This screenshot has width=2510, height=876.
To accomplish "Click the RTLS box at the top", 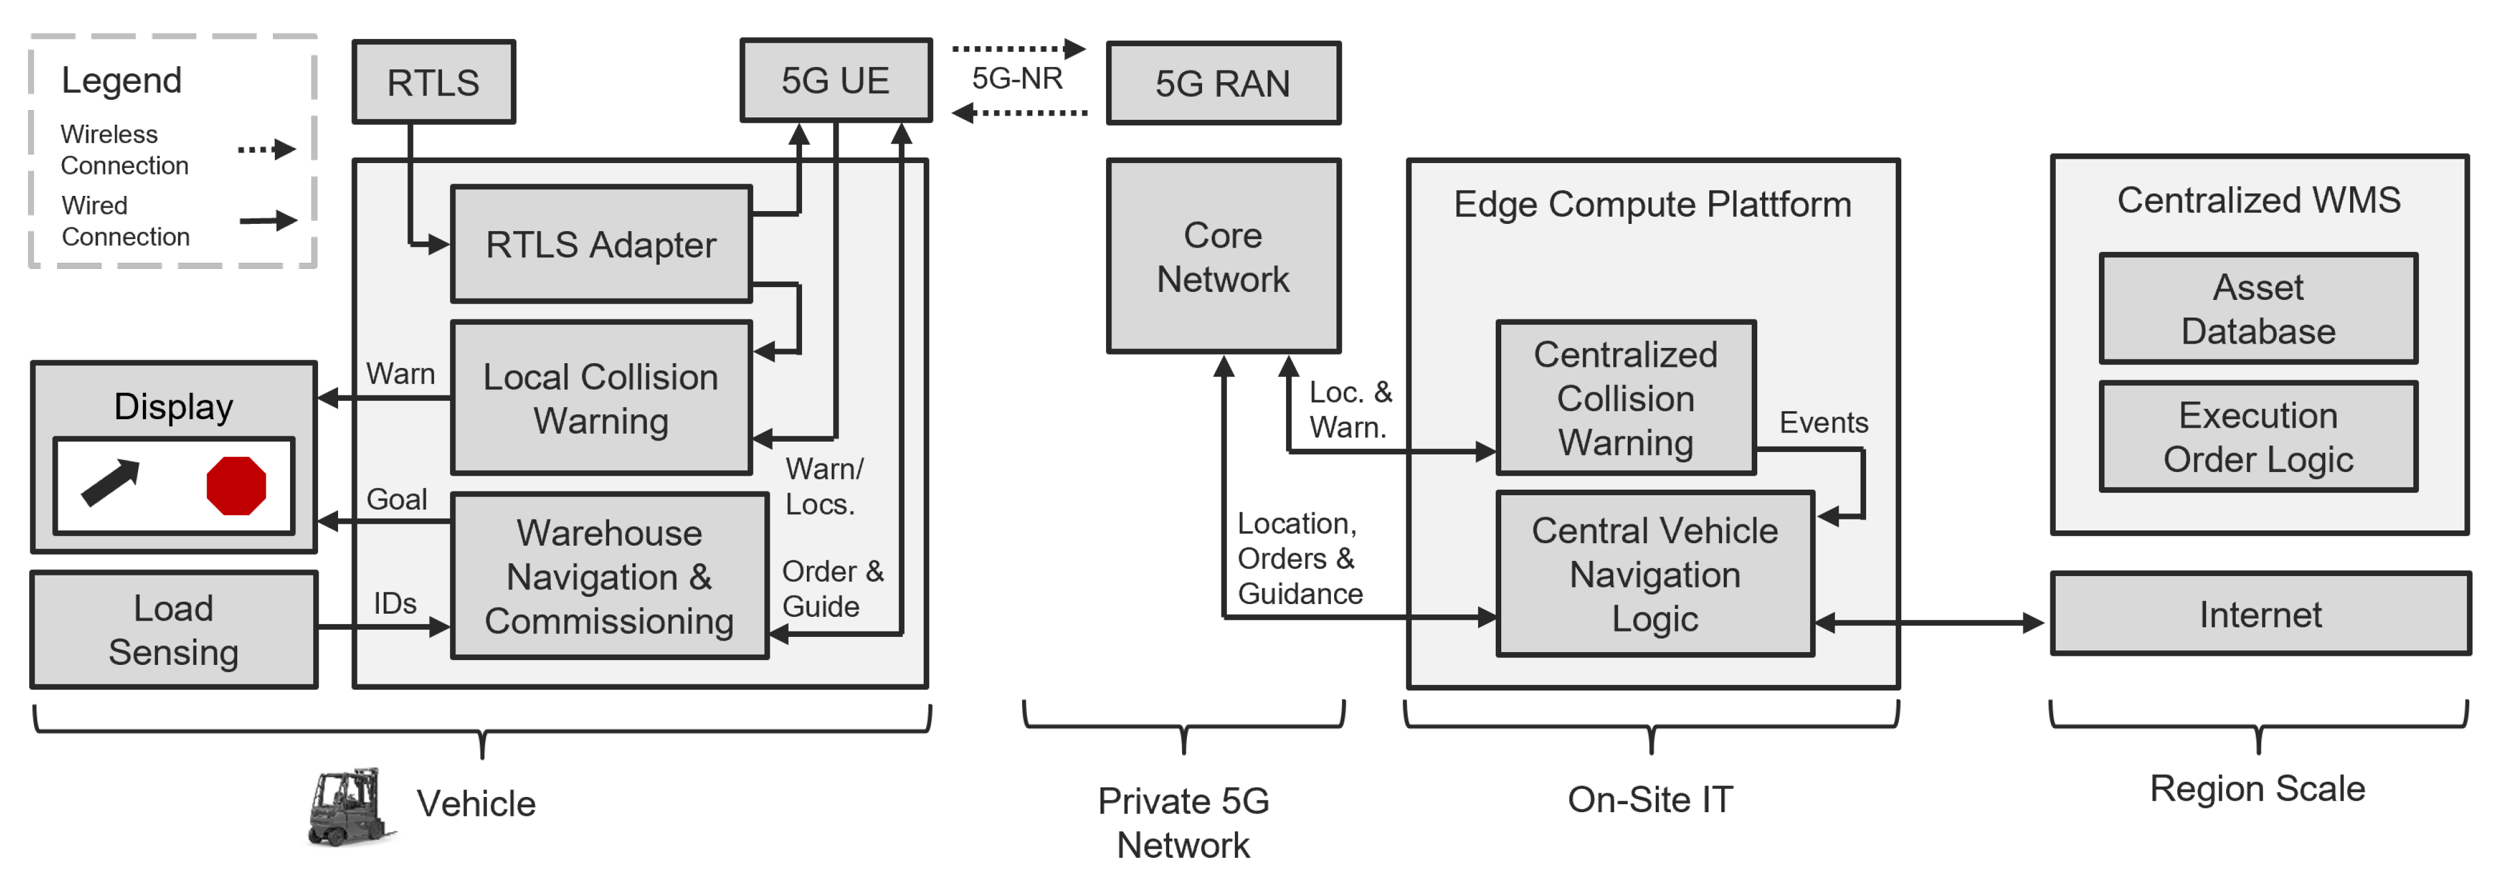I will pyautogui.click(x=434, y=83).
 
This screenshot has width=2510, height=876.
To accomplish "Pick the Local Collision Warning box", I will pyautogui.click(x=600, y=398).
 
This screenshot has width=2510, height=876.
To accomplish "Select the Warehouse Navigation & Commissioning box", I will pyautogui.click(x=609, y=577).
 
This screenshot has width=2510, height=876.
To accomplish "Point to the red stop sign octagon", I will pyautogui.click(x=236, y=485).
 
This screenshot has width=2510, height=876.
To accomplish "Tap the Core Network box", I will pyautogui.click(x=1223, y=256).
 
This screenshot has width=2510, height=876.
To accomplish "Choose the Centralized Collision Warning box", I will pyautogui.click(x=1625, y=398).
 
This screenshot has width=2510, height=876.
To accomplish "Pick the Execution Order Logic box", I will pyautogui.click(x=2258, y=437).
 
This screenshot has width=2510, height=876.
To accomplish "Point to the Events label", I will pyautogui.click(x=1823, y=423).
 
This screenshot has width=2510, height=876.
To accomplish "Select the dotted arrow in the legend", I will pyautogui.click(x=266, y=149).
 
